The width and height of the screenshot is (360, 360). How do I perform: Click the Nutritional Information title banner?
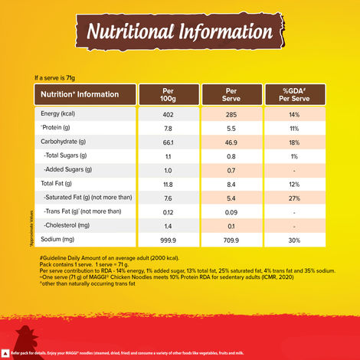[180, 33]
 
